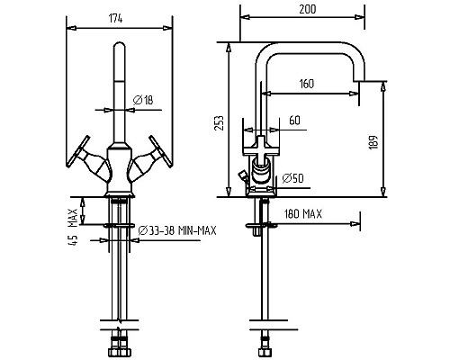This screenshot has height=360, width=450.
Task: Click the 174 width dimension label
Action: (x=115, y=19)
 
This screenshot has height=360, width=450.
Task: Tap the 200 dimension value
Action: (x=308, y=9)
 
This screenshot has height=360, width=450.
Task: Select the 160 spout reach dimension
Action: (x=306, y=84)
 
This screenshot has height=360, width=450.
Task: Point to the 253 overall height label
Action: (x=219, y=122)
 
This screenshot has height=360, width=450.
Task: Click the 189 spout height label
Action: (x=373, y=142)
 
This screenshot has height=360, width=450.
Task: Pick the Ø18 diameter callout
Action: (x=143, y=100)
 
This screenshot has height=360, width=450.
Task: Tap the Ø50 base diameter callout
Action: (x=292, y=178)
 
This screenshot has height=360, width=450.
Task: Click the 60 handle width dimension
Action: (x=294, y=121)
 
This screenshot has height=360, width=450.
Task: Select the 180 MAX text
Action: (x=303, y=214)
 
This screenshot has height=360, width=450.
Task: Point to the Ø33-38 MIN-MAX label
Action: (x=177, y=230)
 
